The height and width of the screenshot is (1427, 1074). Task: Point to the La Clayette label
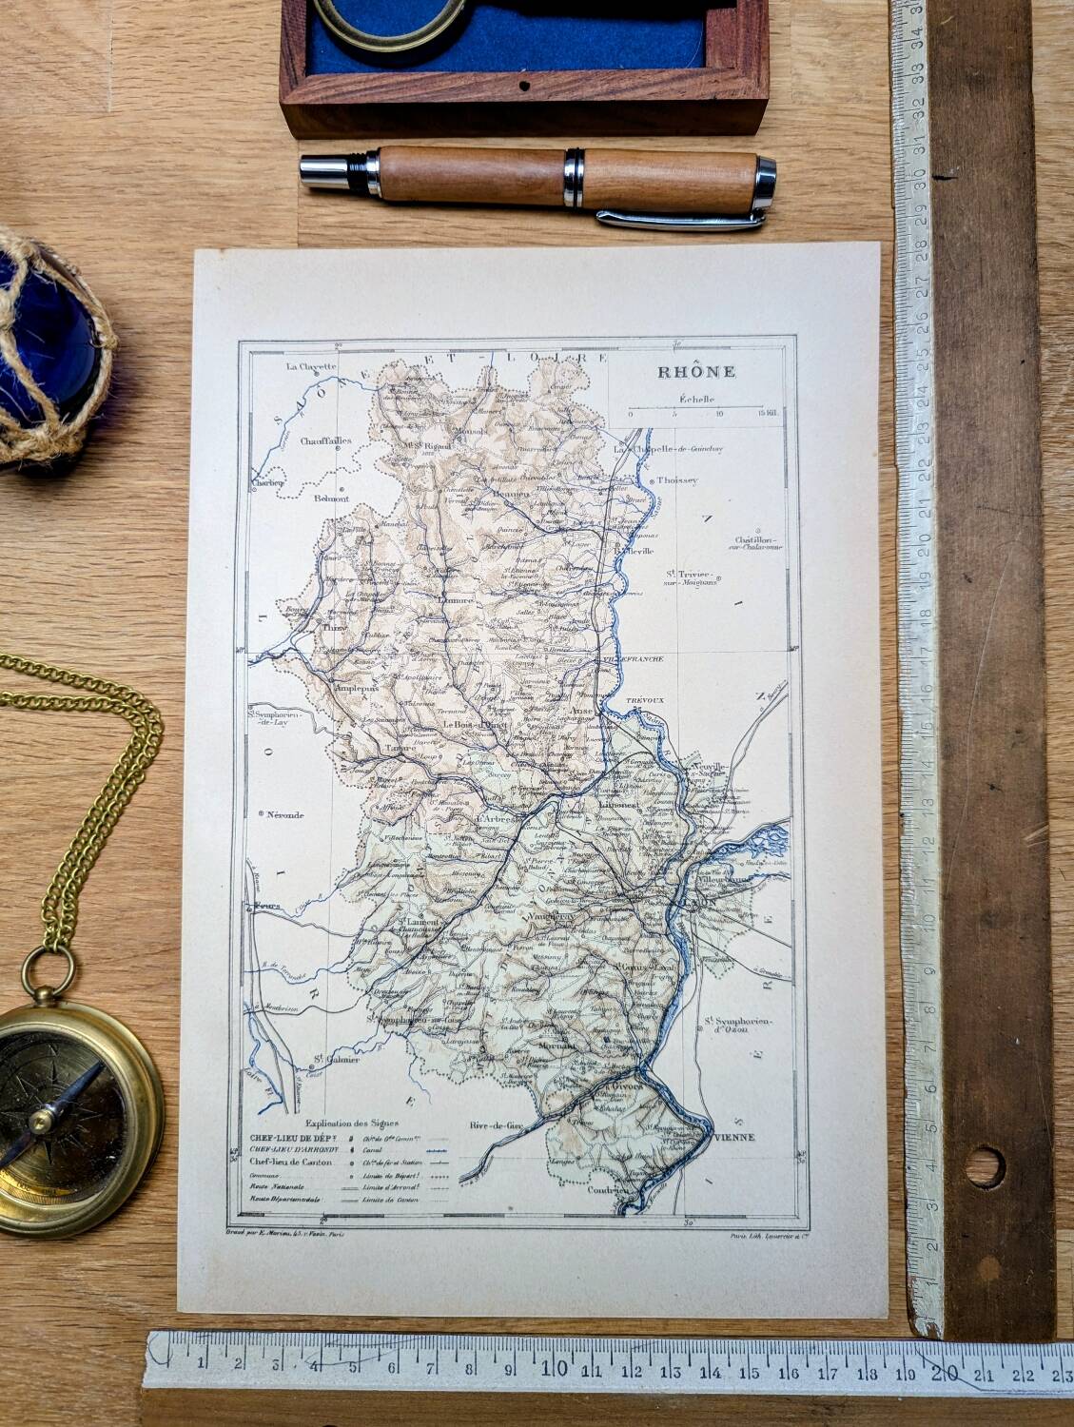[312, 366]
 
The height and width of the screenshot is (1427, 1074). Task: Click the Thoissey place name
[677, 480]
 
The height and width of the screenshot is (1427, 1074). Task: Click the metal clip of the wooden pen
[680, 220]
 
